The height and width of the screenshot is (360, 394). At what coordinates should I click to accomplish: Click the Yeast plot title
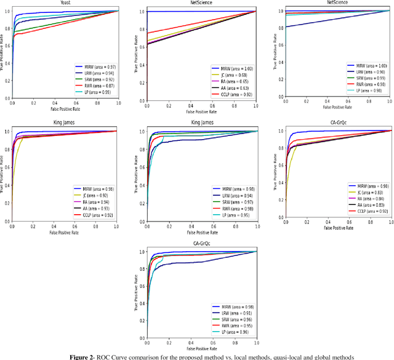65,2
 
